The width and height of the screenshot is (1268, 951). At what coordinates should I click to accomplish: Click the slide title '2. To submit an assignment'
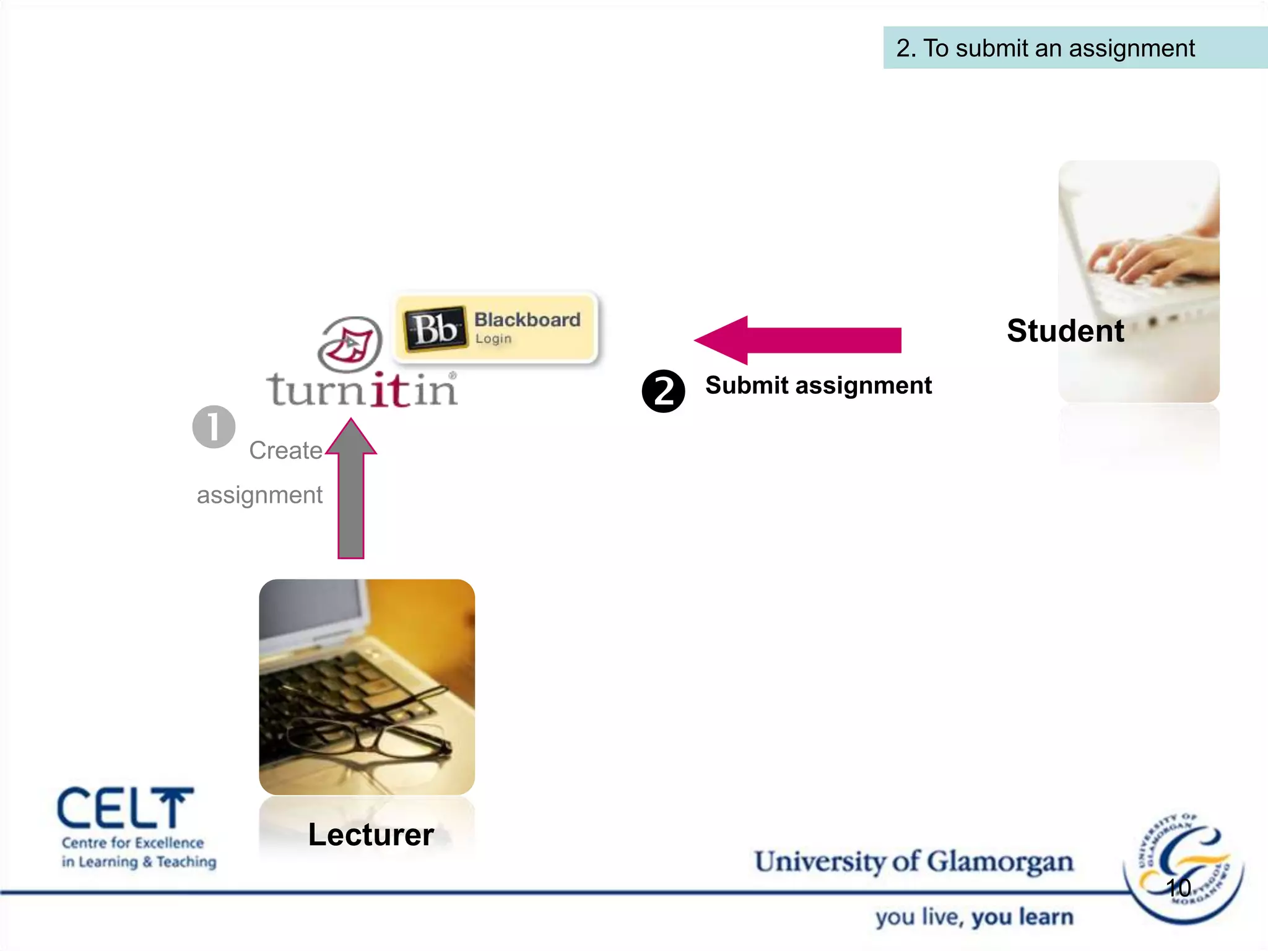pyautogui.click(x=1045, y=48)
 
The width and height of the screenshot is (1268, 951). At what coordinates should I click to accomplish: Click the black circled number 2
pyautogui.click(x=663, y=391)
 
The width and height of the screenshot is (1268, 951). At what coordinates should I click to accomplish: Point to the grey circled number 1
pyautogui.click(x=214, y=427)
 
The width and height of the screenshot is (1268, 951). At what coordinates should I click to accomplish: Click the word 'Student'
pyautogui.click(x=1065, y=331)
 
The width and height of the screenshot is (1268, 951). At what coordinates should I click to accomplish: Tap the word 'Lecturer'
pyautogui.click(x=371, y=835)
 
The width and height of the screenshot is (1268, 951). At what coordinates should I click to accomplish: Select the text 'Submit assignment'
pyautogui.click(x=818, y=385)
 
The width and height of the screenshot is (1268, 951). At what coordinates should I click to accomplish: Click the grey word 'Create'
pyautogui.click(x=285, y=450)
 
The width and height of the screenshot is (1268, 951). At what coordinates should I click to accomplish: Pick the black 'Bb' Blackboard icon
pyautogui.click(x=435, y=328)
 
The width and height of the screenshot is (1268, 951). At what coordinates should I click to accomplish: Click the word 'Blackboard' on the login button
pyautogui.click(x=527, y=319)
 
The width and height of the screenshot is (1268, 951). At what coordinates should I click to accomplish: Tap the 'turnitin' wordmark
pyautogui.click(x=362, y=390)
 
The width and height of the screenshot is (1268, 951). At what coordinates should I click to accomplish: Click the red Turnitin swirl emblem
pyautogui.click(x=350, y=344)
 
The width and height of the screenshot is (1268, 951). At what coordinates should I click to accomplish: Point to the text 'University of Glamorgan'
pyautogui.click(x=913, y=862)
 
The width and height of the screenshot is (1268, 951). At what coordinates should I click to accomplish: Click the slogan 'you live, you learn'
pyautogui.click(x=974, y=917)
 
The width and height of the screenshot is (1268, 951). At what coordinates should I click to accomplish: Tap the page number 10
pyautogui.click(x=1178, y=888)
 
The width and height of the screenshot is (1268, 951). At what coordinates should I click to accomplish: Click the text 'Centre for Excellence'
pyautogui.click(x=132, y=843)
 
